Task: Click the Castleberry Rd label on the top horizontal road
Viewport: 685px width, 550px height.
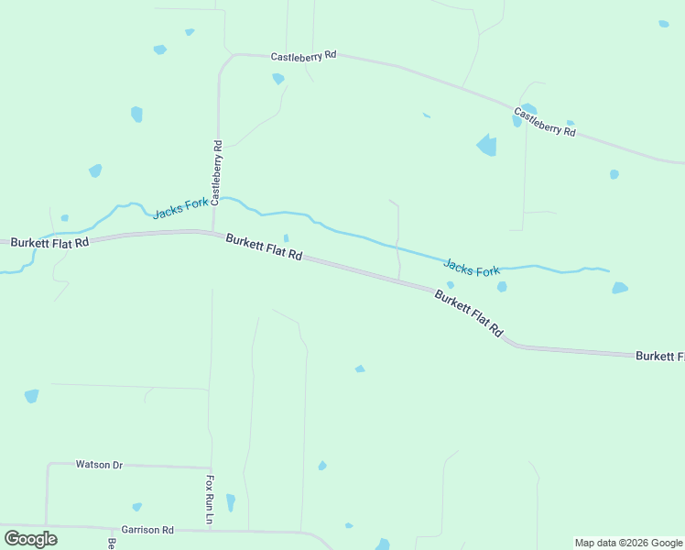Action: [303, 56]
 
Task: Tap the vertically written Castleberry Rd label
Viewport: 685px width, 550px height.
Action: [217, 171]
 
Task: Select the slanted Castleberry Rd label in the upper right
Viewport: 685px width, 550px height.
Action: [544, 123]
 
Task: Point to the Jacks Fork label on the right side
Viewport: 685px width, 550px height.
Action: [472, 269]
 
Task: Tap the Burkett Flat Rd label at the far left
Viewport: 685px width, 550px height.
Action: [49, 243]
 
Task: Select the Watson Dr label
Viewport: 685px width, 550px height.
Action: [99, 465]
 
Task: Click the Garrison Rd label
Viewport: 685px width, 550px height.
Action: [147, 530]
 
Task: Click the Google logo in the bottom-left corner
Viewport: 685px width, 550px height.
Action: [31, 538]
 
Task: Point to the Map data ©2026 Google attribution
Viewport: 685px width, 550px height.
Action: [628, 543]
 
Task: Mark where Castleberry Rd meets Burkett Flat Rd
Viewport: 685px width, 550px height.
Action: [213, 232]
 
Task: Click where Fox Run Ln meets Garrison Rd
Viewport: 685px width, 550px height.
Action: [211, 530]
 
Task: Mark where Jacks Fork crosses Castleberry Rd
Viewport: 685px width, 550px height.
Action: [217, 199]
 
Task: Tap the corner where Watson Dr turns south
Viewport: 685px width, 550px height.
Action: [48, 465]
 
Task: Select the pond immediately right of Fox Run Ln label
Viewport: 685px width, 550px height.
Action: [231, 502]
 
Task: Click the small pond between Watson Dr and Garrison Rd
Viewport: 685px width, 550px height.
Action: [137, 507]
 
